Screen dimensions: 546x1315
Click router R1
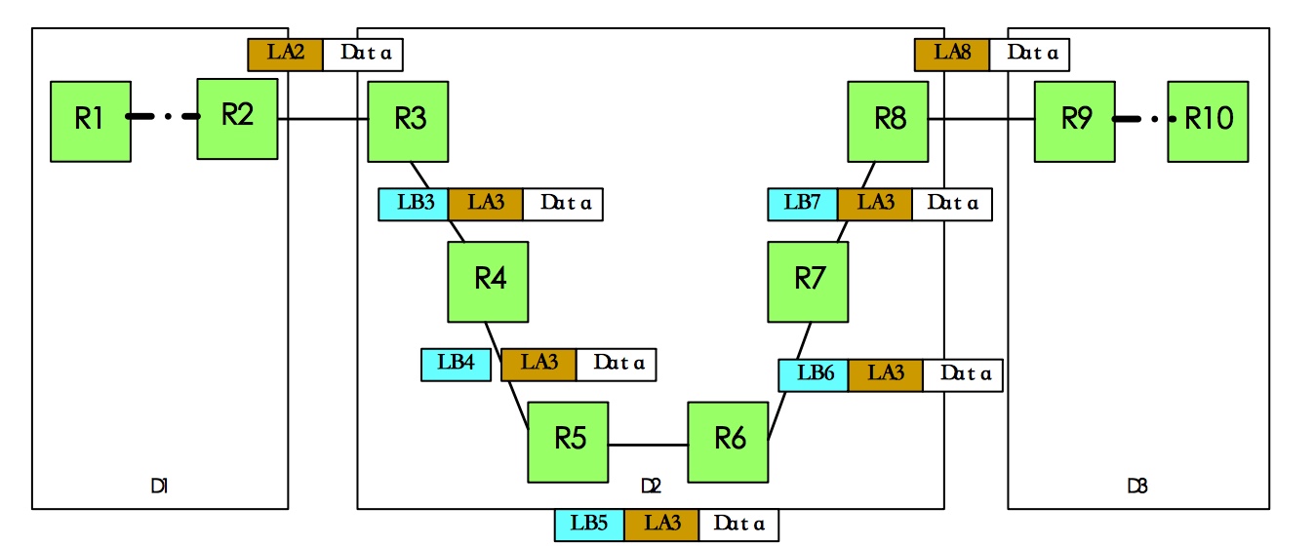tap(90, 121)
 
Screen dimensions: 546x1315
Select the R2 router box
tap(237, 118)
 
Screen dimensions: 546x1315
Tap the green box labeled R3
tap(408, 121)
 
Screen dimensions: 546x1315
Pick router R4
tap(488, 282)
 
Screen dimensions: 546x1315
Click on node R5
tap(568, 442)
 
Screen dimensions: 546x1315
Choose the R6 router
tap(728, 442)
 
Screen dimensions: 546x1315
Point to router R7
tap(808, 282)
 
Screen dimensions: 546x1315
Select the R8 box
tap(888, 121)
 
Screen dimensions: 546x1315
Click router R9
tap(1074, 121)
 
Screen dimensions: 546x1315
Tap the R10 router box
tap(1208, 121)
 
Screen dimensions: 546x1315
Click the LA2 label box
tap(285, 54)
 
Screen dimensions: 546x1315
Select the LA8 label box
tap(951, 54)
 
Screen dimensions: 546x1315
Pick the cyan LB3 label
tap(413, 204)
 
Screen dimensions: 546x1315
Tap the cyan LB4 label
tap(456, 364)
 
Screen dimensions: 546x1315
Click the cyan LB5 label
tap(589, 525)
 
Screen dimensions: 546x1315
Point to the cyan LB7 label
tap(802, 204)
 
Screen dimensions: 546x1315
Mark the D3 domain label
tap(1136, 485)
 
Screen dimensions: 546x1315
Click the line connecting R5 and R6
tap(648, 445)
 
